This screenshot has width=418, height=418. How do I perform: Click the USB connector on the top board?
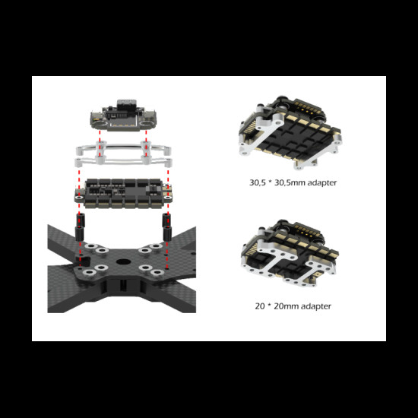point(126,105)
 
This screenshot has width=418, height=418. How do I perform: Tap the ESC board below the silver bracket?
point(123,193)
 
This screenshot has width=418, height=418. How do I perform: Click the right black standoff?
point(167,226)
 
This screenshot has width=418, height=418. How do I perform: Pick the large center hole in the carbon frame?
point(123,261)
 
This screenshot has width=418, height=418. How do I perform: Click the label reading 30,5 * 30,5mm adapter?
point(293,182)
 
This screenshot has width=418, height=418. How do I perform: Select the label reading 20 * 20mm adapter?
point(293,306)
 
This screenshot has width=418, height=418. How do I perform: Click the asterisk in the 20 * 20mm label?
point(269,305)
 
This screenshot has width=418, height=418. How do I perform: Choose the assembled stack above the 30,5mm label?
point(290,132)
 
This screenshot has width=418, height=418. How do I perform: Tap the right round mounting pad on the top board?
point(147,123)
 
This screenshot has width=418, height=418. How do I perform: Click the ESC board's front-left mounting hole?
point(79,198)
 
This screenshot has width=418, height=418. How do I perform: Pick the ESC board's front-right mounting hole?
point(168,198)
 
